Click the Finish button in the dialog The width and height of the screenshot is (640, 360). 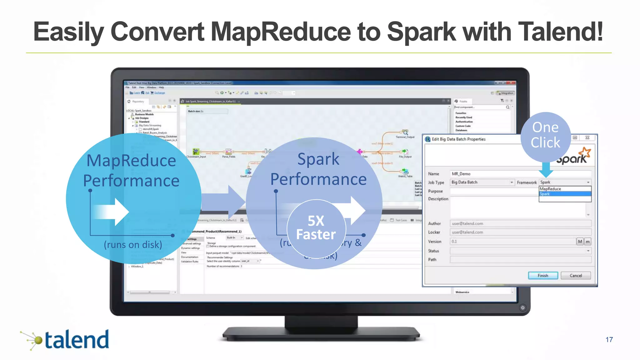543,275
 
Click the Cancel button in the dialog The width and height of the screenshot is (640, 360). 576,275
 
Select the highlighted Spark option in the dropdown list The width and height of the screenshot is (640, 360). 565,194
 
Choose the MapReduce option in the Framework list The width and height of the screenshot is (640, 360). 565,189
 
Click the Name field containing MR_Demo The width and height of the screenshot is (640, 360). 494,174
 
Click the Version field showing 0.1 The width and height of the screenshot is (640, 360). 512,241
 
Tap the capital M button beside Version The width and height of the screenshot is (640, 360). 580,241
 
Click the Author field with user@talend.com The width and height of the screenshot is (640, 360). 520,223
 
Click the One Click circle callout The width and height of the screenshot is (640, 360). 546,135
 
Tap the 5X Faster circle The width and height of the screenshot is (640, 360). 316,228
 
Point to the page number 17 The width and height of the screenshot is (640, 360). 609,339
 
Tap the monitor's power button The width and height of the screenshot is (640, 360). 522,307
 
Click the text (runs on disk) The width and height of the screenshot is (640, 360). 133,244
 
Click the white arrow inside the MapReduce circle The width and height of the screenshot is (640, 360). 112,212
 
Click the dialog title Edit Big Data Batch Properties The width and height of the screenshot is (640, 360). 458,139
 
